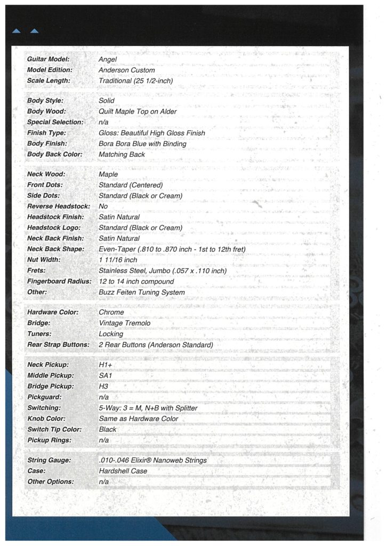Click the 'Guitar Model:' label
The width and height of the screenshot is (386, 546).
pyautogui.click(x=49, y=59)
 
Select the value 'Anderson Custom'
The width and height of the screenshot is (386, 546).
pyautogui.click(x=127, y=70)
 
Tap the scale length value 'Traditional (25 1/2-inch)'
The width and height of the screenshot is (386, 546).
pyautogui.click(x=136, y=81)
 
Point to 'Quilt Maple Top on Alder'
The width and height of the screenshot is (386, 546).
pyautogui.click(x=138, y=111)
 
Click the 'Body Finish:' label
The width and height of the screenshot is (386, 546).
pyautogui.click(x=47, y=143)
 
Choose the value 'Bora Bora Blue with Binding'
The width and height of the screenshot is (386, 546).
pyautogui.click(x=142, y=143)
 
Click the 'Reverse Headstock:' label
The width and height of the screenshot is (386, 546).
pyautogui.click(x=59, y=206)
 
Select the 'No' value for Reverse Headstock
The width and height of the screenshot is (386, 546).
pyautogui.click(x=103, y=206)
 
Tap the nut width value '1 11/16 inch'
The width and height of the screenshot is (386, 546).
pyautogui.click(x=118, y=260)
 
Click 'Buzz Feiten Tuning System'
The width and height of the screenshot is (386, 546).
pyautogui.click(x=142, y=292)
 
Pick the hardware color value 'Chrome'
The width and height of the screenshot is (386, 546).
pyautogui.click(x=111, y=312)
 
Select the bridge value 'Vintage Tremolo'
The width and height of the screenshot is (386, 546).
pyautogui.click(x=125, y=323)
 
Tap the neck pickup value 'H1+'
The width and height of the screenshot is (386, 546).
pyautogui.click(x=106, y=365)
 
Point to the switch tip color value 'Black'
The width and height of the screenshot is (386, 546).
pyautogui.click(x=108, y=429)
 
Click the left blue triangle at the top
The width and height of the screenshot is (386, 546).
pyautogui.click(x=16, y=31)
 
